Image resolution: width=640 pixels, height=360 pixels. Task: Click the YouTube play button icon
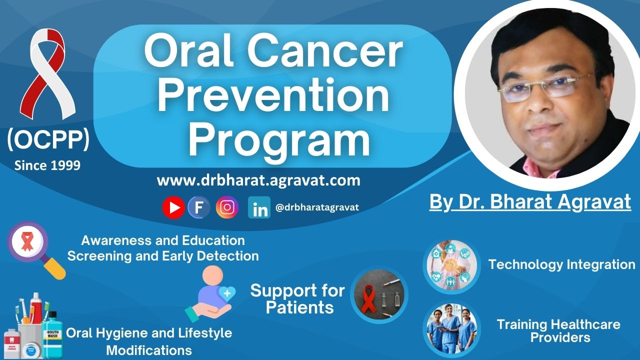tap(173, 207)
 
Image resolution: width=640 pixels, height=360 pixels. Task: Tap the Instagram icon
tap(227, 207)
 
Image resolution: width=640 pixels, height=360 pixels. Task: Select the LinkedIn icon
tap(259, 207)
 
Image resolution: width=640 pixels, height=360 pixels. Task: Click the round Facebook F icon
tap(199, 207)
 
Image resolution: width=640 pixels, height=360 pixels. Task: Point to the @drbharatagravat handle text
tap(317, 207)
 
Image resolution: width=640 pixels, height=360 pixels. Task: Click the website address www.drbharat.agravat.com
tap(258, 180)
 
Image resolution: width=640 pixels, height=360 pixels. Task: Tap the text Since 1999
tap(47, 165)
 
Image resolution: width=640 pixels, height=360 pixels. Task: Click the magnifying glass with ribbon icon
tap(36, 250)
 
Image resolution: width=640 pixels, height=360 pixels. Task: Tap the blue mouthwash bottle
tap(52, 335)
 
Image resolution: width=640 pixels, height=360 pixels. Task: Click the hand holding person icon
tap(211, 293)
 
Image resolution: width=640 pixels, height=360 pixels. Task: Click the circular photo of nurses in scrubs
tap(451, 329)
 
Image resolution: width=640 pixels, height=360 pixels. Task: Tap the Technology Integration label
tap(561, 264)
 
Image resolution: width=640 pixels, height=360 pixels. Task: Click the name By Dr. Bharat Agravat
tap(530, 202)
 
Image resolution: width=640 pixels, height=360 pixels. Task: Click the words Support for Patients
tap(297, 298)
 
